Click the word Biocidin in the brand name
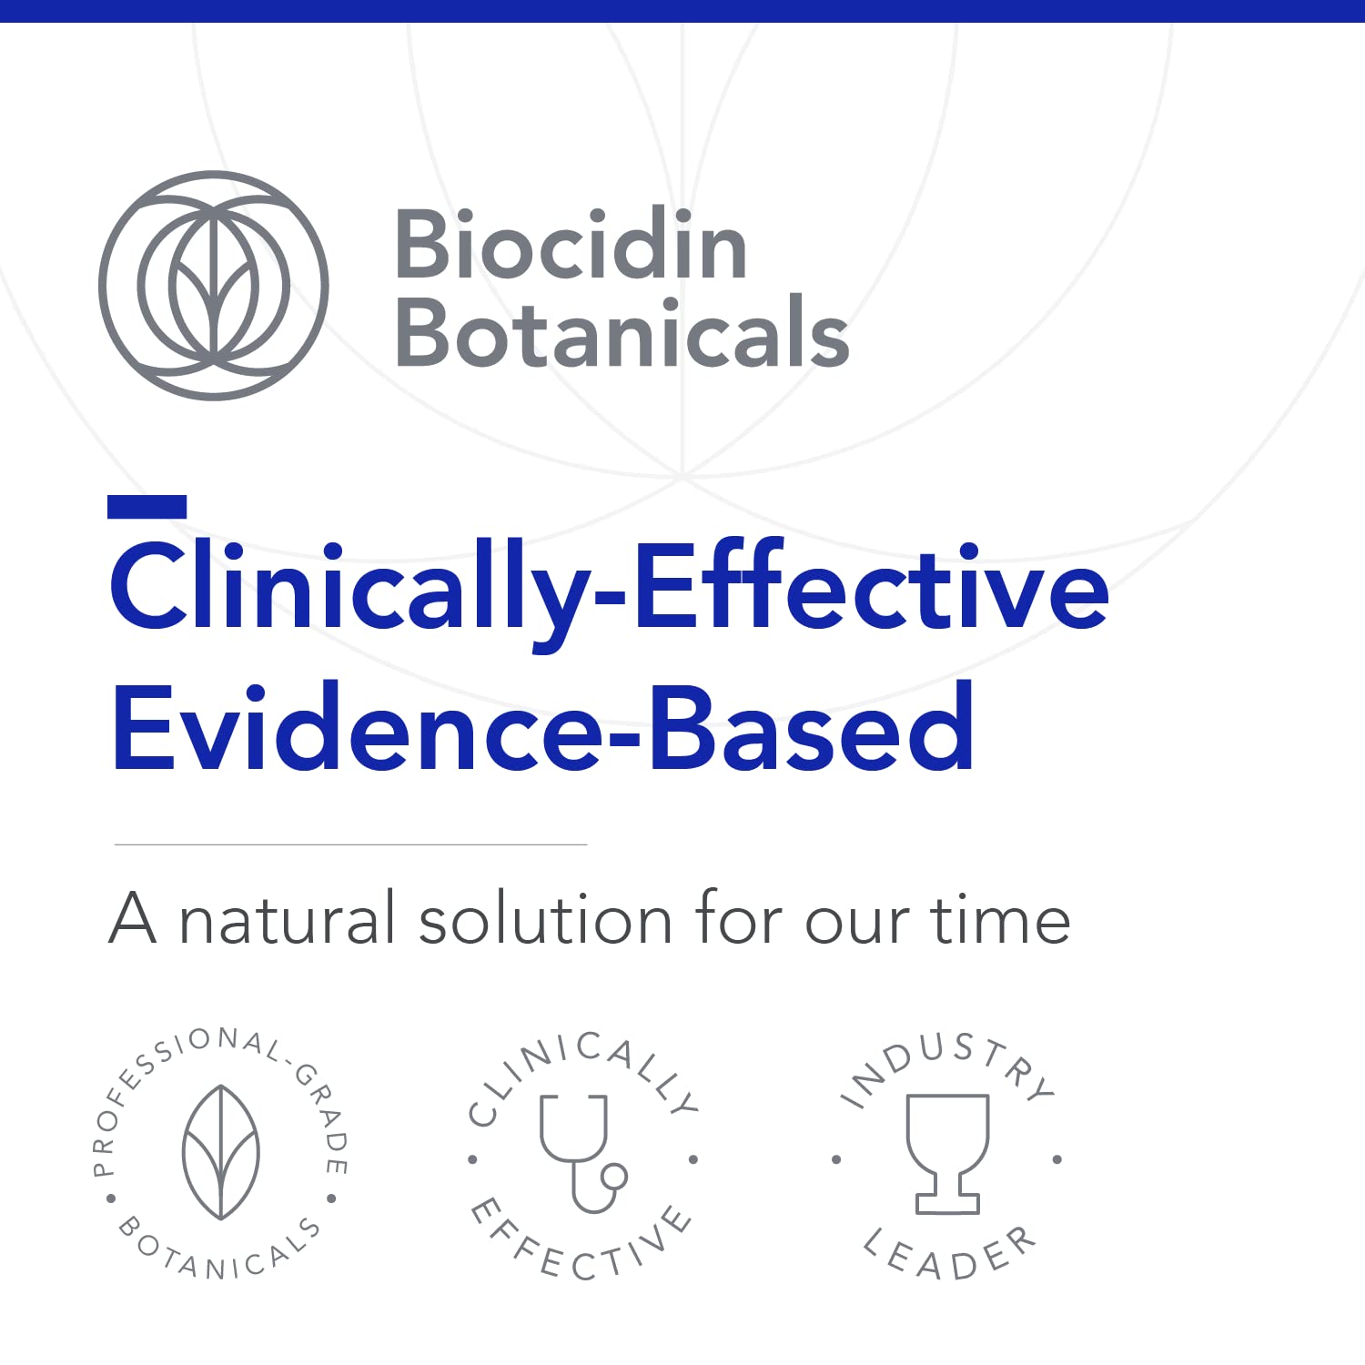pyautogui.click(x=571, y=246)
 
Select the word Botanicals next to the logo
pyautogui.click(x=622, y=334)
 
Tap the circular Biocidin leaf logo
pyautogui.click(x=214, y=286)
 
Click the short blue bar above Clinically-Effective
pyautogui.click(x=147, y=507)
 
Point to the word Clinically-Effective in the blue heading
pyautogui.click(x=609, y=587)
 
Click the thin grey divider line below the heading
pyautogui.click(x=350, y=844)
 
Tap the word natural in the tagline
pyautogui.click(x=288, y=920)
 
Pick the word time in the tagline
pyautogui.click(x=1000, y=920)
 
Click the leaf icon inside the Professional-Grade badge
pyautogui.click(x=221, y=1151)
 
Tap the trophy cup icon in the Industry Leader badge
pyautogui.click(x=947, y=1151)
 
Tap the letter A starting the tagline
pyautogui.click(x=133, y=920)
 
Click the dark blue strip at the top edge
pyautogui.click(x=682, y=10)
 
